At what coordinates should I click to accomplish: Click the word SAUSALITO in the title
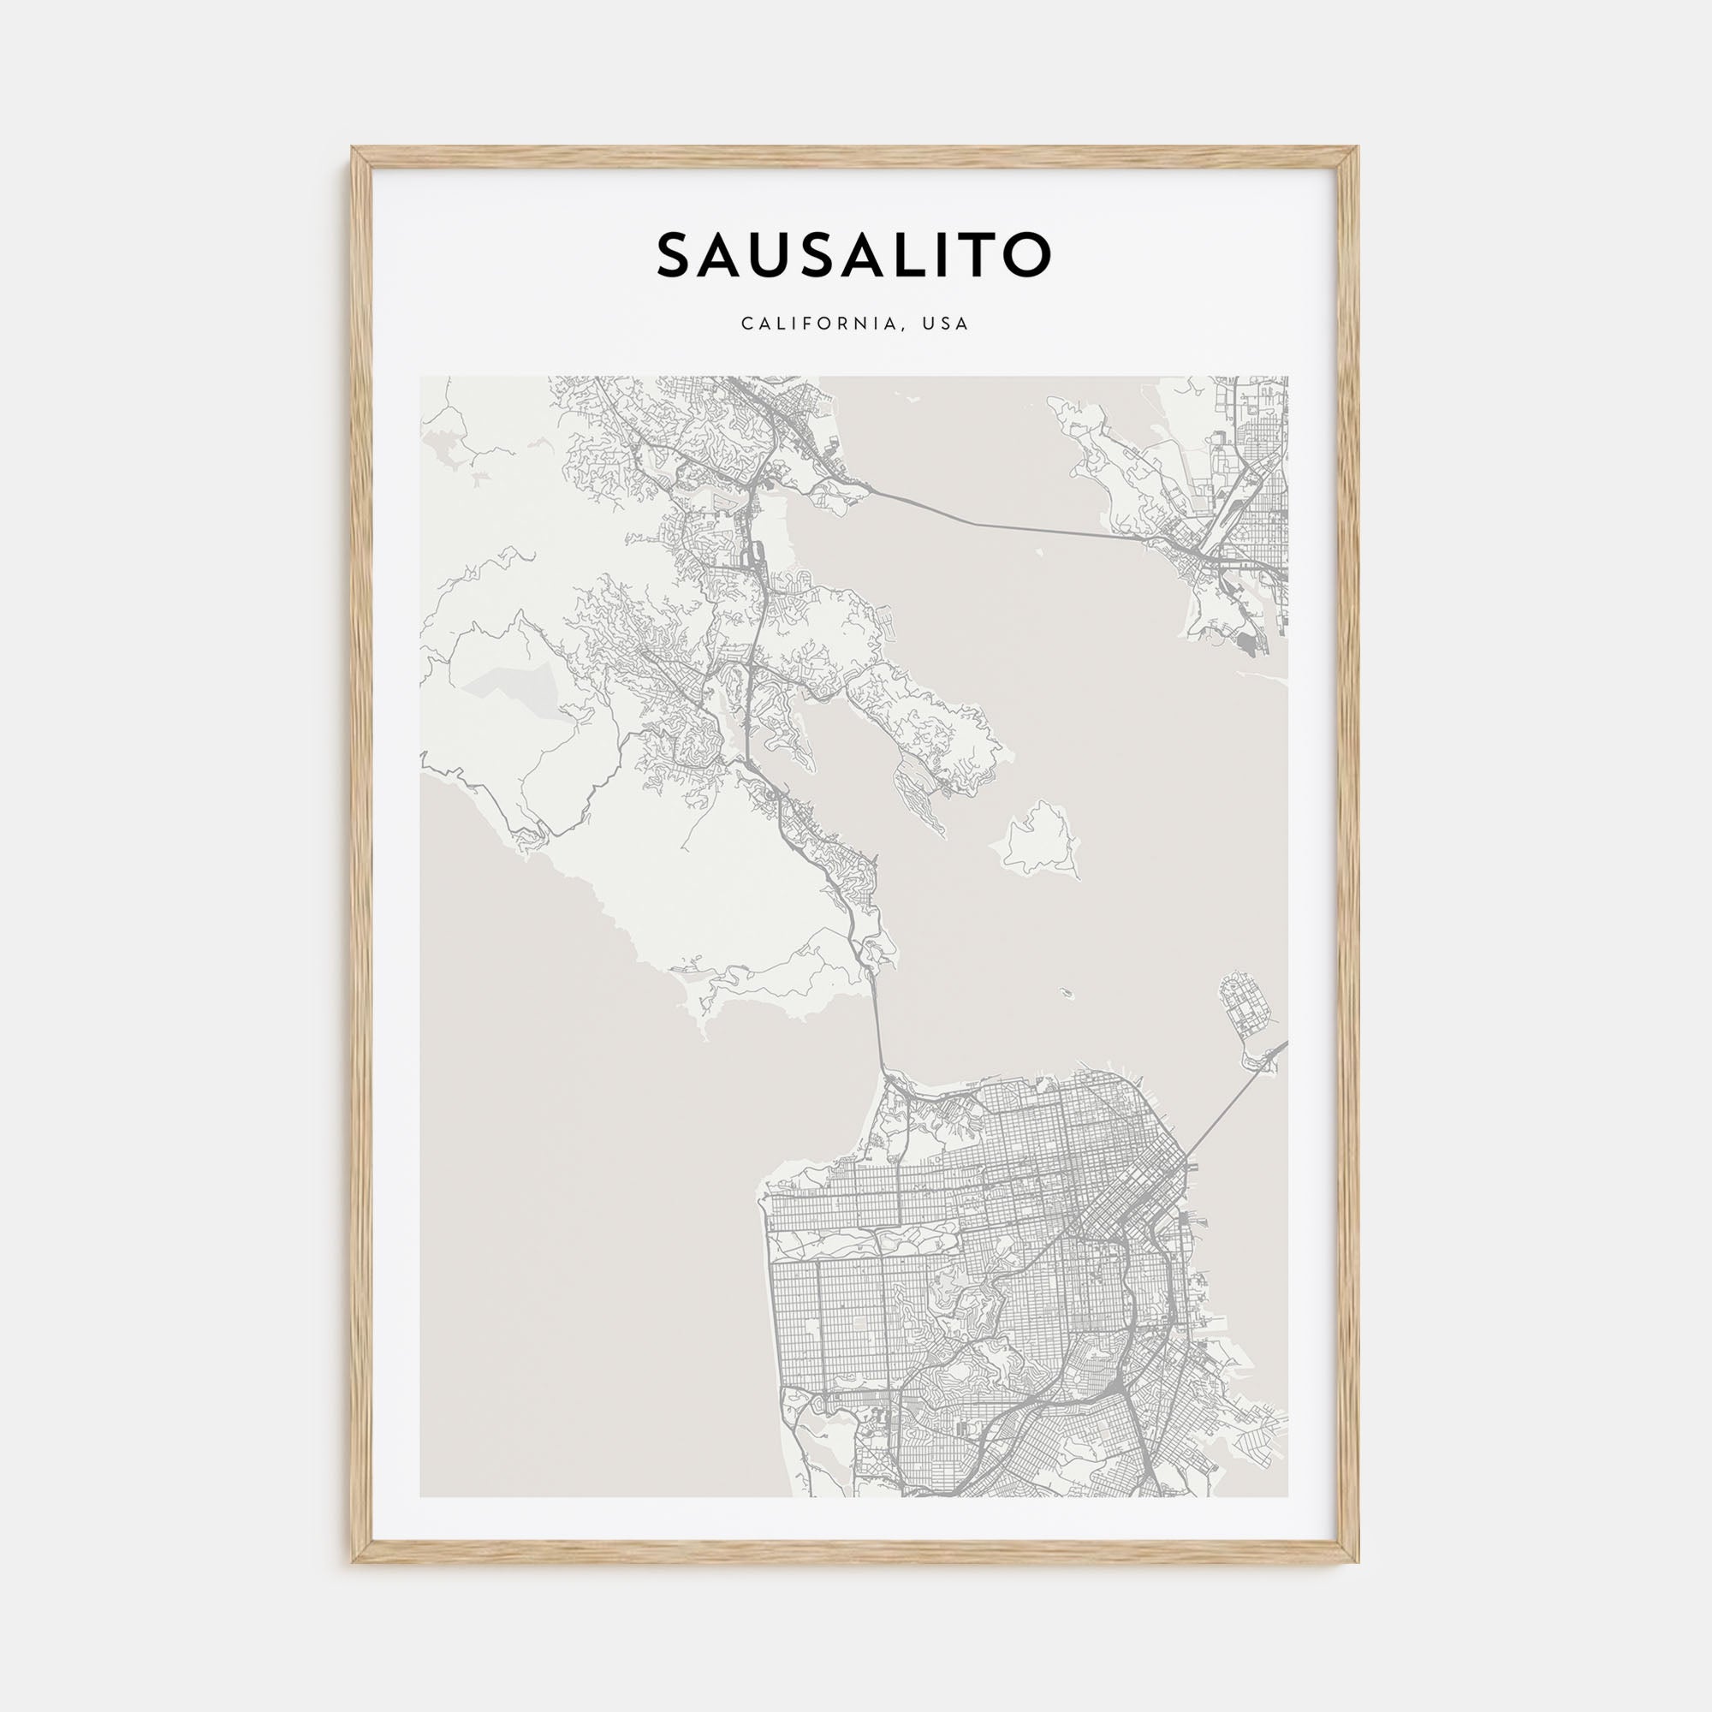[853, 255]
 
